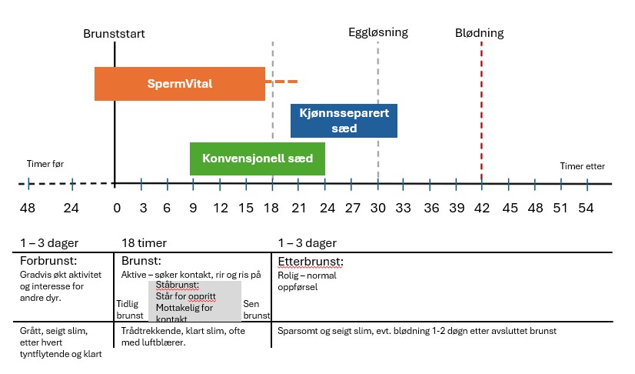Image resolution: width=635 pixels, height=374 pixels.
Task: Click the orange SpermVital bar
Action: click(179, 83)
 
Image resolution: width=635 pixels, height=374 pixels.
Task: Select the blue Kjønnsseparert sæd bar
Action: click(344, 121)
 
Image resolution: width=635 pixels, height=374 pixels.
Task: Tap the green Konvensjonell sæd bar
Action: click(257, 159)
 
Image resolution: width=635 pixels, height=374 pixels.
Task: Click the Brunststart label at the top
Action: click(114, 34)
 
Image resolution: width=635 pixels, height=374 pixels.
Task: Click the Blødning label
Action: click(479, 33)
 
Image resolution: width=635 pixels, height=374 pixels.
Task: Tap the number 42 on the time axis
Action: click(481, 209)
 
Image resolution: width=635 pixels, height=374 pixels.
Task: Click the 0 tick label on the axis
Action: click(117, 209)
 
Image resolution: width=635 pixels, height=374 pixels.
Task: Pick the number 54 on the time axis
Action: click(587, 209)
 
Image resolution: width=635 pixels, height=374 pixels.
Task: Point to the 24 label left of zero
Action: click(71, 209)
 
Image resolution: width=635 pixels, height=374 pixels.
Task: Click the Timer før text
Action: click(44, 165)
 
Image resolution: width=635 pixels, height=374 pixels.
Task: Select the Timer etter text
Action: click(582, 166)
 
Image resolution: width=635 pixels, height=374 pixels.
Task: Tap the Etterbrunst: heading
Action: click(310, 261)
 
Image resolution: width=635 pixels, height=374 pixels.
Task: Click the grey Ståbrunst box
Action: click(194, 301)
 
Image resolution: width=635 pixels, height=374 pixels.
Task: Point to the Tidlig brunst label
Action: click(129, 309)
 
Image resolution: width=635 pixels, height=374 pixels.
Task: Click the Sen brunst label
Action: click(256, 309)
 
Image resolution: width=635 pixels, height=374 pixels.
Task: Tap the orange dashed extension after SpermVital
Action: click(281, 82)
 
